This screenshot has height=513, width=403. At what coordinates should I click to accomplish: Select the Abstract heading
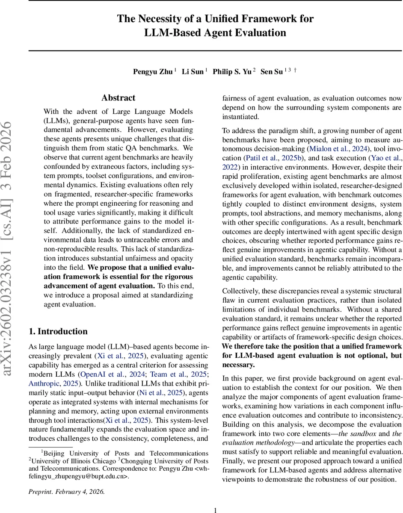pos(119,98)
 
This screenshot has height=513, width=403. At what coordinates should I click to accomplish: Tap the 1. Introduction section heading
pos(58,331)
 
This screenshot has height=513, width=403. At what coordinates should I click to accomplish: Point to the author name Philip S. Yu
pos(232,72)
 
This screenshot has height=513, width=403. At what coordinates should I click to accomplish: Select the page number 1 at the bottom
pos(216,510)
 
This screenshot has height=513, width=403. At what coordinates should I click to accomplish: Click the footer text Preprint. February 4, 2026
pos(66,492)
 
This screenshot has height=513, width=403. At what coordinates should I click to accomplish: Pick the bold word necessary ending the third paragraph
pos(238,365)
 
